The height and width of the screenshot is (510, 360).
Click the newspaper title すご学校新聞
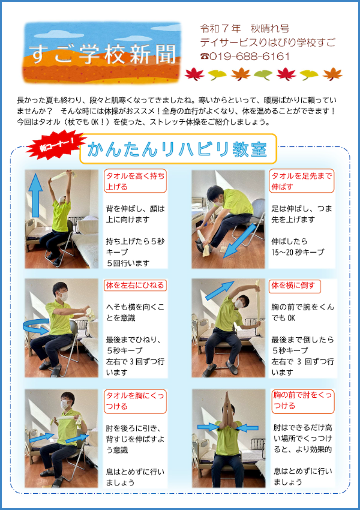click(x=103, y=53)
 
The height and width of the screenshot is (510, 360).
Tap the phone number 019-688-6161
click(x=250, y=56)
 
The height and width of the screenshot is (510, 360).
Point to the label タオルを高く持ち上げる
click(x=135, y=181)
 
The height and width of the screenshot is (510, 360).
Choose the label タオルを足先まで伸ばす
click(x=302, y=181)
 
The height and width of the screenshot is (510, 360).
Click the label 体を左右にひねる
click(x=135, y=285)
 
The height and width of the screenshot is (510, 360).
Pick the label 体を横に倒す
click(x=293, y=285)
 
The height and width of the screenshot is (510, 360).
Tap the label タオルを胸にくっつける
click(x=135, y=401)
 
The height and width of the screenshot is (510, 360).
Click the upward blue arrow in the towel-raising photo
click(x=35, y=196)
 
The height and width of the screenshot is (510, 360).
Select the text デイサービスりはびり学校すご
click(x=268, y=43)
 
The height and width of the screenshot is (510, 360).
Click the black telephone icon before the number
click(x=205, y=56)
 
